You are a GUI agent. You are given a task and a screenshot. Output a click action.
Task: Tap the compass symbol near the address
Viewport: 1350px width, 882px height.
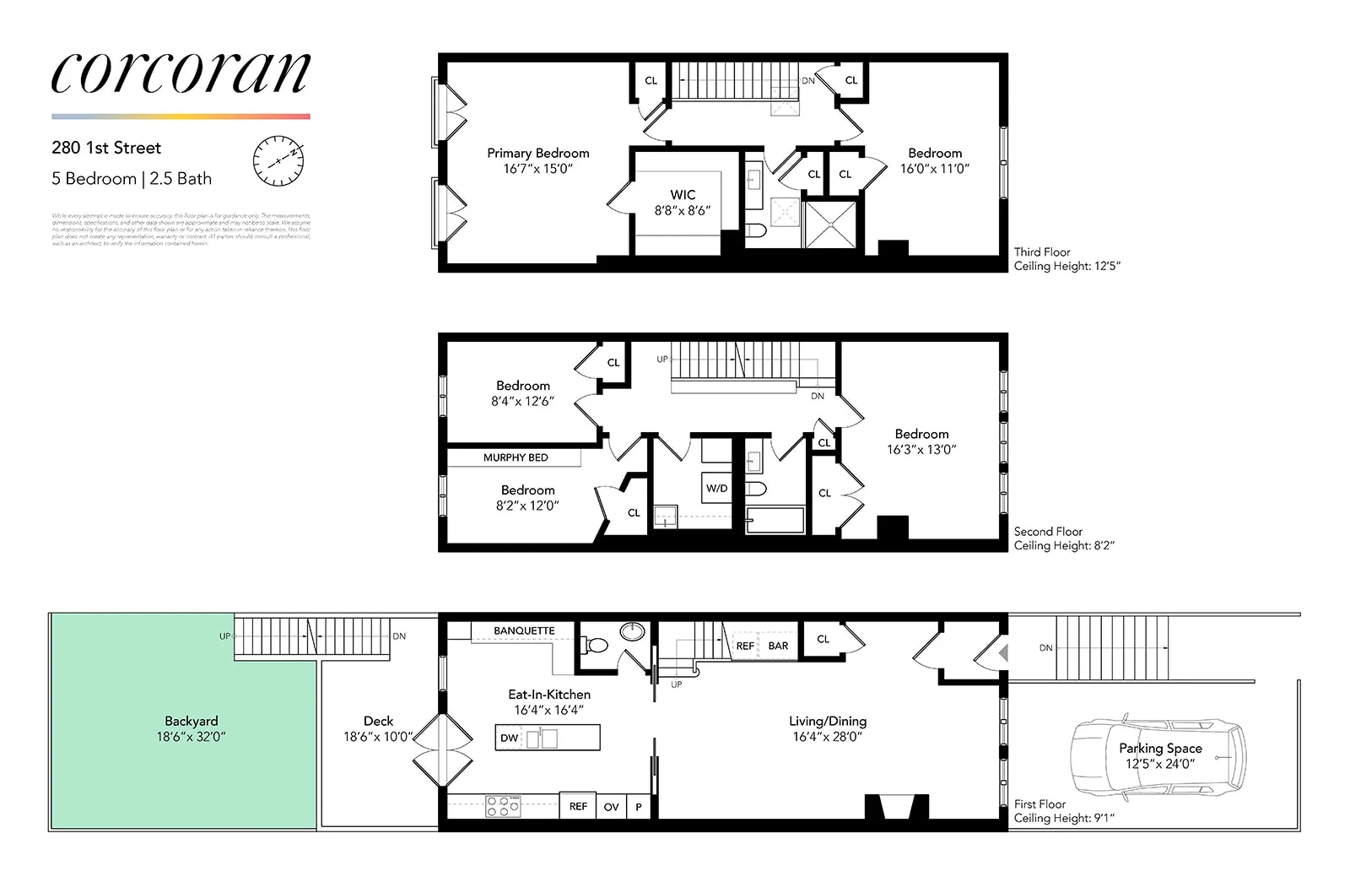(x=278, y=160)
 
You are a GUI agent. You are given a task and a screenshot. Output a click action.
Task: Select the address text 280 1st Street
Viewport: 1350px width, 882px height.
(x=106, y=148)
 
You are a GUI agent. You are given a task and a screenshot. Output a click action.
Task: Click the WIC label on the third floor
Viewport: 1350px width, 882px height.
(x=683, y=195)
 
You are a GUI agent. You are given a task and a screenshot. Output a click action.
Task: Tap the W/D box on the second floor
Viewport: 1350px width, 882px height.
(x=716, y=488)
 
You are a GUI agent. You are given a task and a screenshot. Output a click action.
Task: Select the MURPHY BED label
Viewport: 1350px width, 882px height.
(x=515, y=457)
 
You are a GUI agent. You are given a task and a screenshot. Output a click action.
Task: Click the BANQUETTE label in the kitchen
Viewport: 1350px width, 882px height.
(x=524, y=630)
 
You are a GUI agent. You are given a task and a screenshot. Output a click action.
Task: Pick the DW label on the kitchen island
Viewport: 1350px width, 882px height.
(x=510, y=738)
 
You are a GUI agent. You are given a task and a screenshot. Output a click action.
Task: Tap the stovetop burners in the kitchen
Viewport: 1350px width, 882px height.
(x=503, y=806)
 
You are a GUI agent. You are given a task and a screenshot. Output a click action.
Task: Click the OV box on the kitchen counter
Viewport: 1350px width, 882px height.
(x=612, y=807)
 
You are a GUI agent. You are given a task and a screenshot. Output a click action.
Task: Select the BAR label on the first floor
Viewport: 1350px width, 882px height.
(x=778, y=646)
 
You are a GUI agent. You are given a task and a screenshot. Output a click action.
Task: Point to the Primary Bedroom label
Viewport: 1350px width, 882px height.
(x=538, y=154)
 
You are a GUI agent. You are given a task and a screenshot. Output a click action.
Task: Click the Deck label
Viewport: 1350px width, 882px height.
(x=378, y=722)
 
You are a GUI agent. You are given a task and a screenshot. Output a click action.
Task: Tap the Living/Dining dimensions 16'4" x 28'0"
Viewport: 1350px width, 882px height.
(x=827, y=737)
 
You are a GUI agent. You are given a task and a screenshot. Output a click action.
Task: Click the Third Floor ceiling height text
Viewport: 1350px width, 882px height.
(x=1066, y=266)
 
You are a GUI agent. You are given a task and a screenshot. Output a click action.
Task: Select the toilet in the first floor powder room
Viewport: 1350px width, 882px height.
(x=596, y=647)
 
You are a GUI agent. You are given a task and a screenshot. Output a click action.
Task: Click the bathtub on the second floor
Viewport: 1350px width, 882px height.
(x=775, y=520)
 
